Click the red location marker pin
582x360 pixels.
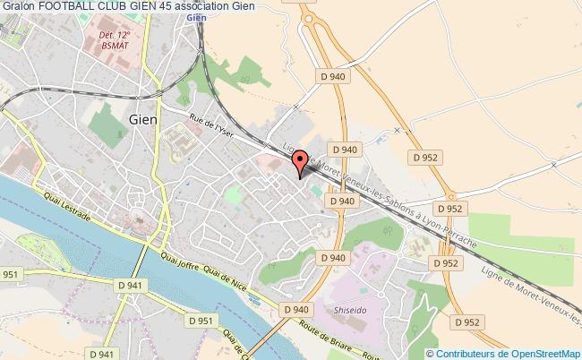pyautogui.click(x=300, y=162)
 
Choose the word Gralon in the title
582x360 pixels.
pyautogui.click(x=17, y=6)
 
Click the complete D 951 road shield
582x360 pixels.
pyautogui.click(x=201, y=320)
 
